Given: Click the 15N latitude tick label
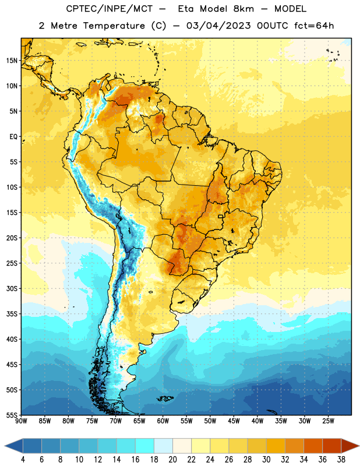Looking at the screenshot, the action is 12,61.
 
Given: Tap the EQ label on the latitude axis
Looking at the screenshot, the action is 13,137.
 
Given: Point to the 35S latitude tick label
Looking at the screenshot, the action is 12,314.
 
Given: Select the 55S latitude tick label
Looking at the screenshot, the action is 12,415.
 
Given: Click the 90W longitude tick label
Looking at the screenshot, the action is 21,421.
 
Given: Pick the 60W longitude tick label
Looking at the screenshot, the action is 163,421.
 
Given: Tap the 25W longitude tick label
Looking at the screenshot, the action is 328,421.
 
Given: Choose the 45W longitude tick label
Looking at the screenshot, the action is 234,421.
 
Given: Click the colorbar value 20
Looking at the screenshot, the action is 172,460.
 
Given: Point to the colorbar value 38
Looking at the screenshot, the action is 341,460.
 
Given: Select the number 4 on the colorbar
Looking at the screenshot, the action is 23,460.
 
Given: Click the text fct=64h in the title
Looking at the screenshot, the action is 314,26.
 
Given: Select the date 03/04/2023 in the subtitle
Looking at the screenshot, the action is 218,26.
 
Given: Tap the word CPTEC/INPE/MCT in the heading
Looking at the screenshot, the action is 110,9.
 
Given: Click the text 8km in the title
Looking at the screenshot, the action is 243,9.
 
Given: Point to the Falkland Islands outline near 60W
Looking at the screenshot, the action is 165,398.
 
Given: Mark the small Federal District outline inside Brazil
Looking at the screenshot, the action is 221,217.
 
